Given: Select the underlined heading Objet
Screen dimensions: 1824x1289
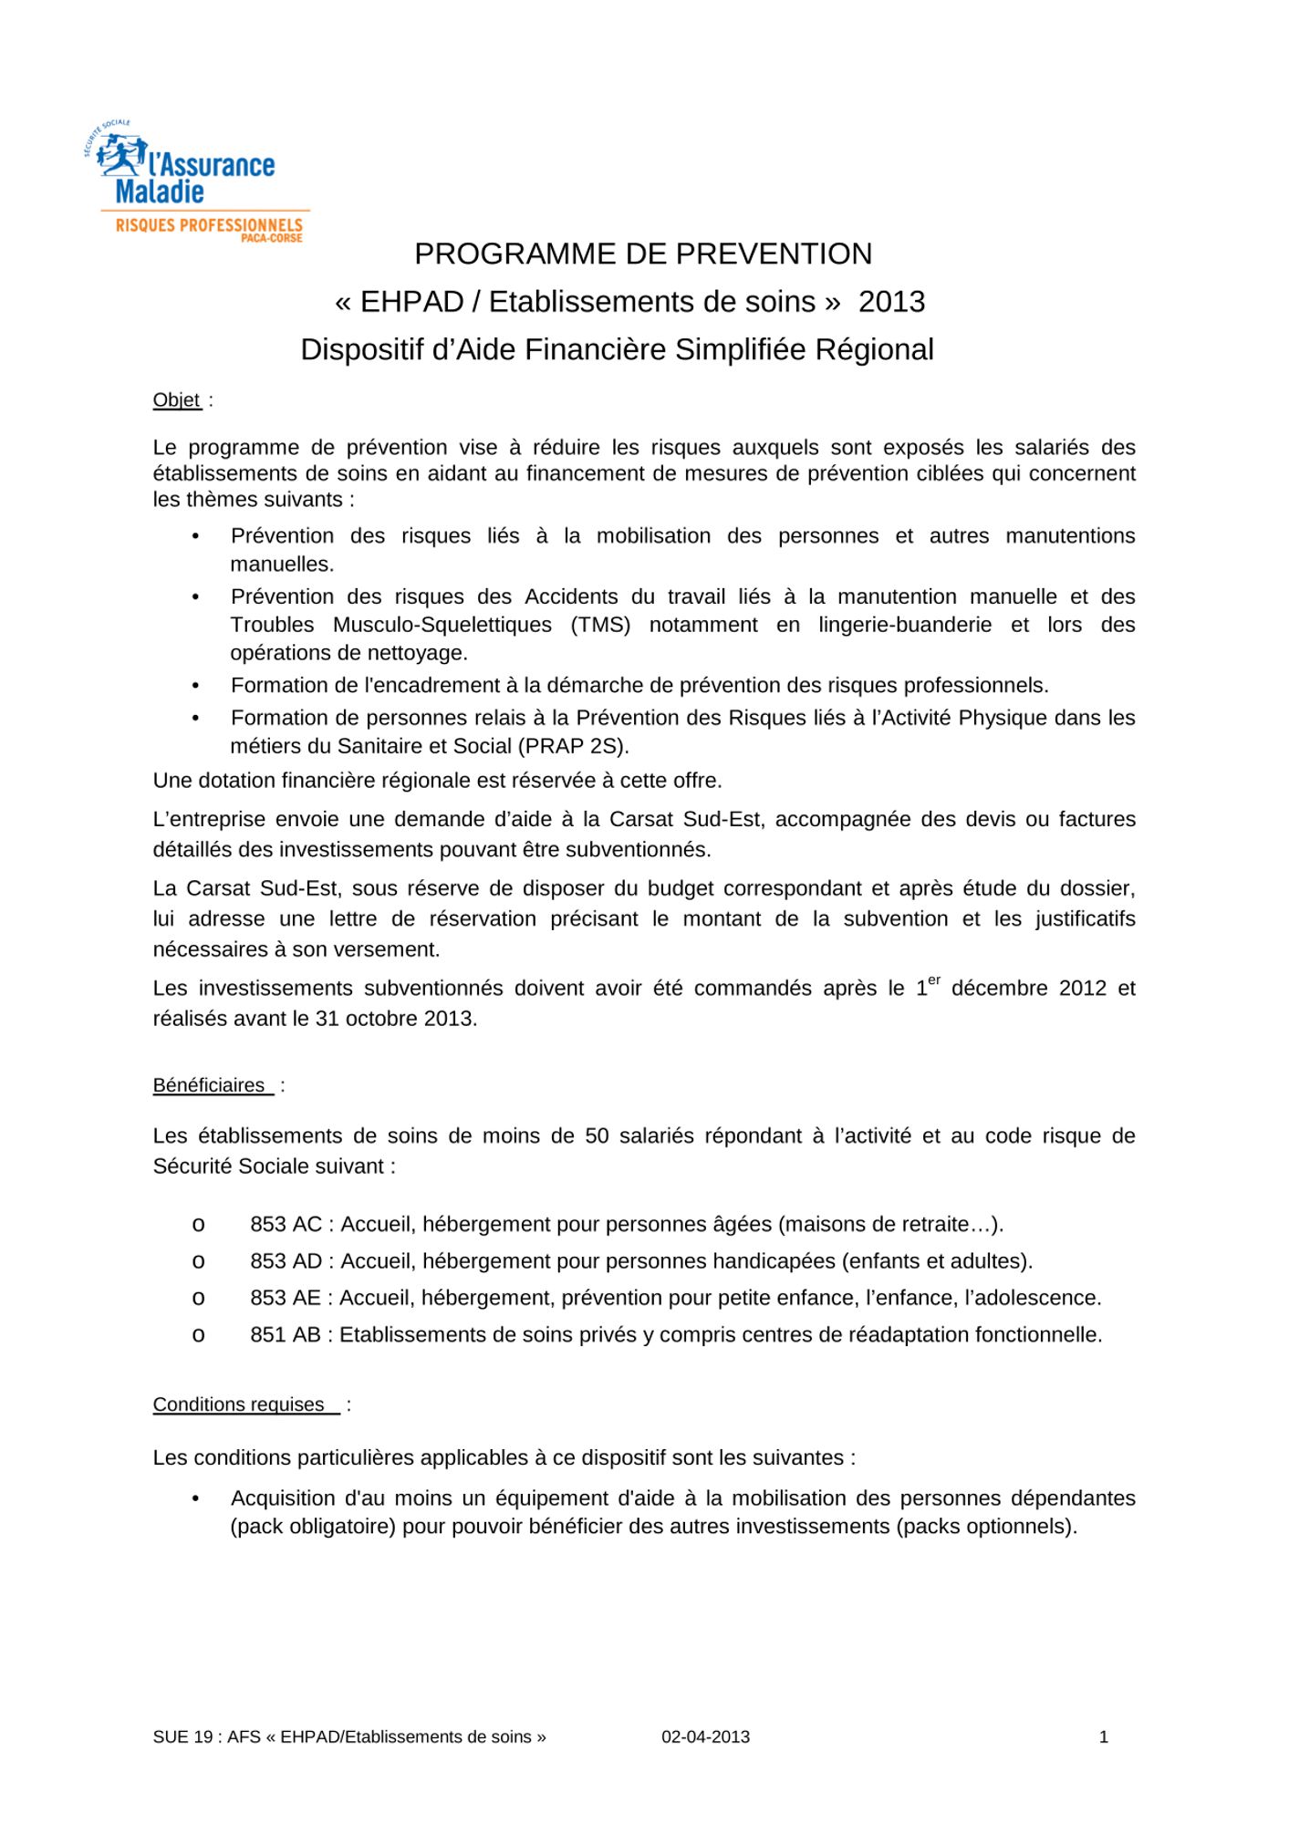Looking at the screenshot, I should [x=177, y=400].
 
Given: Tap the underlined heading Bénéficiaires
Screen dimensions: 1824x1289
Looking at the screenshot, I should [x=209, y=1085].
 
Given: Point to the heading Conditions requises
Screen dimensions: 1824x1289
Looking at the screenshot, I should [x=239, y=1404].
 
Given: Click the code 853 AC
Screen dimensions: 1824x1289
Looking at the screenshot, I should [x=286, y=1225].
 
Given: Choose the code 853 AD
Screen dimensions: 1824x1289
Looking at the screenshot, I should [x=286, y=1261].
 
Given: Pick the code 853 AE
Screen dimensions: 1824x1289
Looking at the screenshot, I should [x=286, y=1298].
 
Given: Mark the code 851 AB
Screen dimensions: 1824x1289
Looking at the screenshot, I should [x=286, y=1335].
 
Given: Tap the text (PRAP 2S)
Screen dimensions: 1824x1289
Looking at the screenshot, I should [x=573, y=746].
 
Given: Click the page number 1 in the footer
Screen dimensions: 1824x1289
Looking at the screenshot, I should [x=1104, y=1737].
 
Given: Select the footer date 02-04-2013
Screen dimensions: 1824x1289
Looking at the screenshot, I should [x=705, y=1737].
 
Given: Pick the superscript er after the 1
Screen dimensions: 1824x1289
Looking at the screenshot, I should [x=933, y=980].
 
